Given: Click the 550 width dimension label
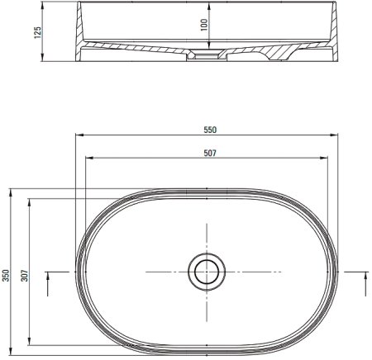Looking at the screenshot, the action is (210, 130).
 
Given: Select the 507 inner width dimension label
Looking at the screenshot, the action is (210, 153).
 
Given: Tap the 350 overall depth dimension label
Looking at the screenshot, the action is (6, 276).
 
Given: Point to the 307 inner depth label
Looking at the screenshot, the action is (25, 276).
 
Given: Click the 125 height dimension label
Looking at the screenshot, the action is (37, 32).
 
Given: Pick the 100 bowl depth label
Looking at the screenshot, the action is (204, 25).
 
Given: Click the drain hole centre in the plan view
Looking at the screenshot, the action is (207, 272).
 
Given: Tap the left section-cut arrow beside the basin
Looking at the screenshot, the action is (48, 284).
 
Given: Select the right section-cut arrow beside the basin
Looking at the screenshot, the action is (366, 284).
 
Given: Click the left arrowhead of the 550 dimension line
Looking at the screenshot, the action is (79, 135).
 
